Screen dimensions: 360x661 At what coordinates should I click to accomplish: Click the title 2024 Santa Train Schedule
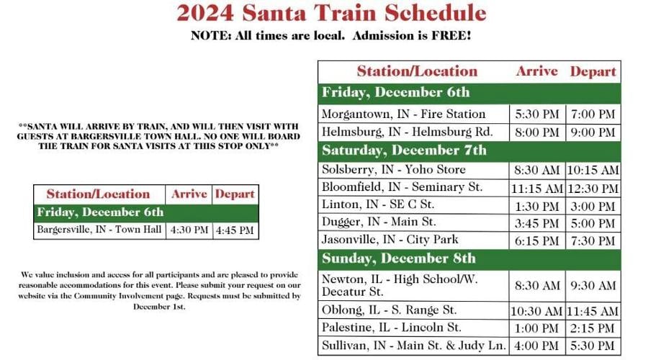[331, 13]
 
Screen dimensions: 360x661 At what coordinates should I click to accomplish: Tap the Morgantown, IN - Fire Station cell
[404, 114]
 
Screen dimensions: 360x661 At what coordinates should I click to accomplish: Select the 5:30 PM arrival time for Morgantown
[537, 114]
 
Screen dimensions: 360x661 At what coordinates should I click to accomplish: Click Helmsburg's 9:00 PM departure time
[593, 132]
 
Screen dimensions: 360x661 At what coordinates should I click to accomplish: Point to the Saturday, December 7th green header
[404, 150]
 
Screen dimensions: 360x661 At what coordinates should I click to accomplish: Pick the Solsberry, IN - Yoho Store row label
[394, 170]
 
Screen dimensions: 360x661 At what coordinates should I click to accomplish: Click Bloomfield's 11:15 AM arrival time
[537, 189]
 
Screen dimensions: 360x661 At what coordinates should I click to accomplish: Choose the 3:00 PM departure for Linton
[593, 206]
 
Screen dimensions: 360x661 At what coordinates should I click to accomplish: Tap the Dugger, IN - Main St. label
[379, 222]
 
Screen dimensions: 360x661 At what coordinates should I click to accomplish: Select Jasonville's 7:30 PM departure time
[593, 240]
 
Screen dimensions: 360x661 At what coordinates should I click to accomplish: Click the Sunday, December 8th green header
[399, 258]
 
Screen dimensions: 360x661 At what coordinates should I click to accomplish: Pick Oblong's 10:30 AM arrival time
[537, 311]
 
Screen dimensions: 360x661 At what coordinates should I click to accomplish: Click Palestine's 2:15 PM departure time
[593, 328]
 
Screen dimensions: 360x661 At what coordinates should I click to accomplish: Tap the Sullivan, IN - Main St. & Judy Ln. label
[414, 346]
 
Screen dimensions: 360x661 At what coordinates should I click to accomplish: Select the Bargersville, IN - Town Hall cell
[100, 230]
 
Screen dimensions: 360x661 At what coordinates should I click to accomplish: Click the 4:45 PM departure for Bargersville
[235, 230]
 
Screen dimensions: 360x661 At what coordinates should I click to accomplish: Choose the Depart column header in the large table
[593, 71]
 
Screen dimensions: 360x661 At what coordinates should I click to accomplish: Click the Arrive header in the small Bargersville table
[189, 194]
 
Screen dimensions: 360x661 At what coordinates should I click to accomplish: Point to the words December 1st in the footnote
[159, 306]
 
